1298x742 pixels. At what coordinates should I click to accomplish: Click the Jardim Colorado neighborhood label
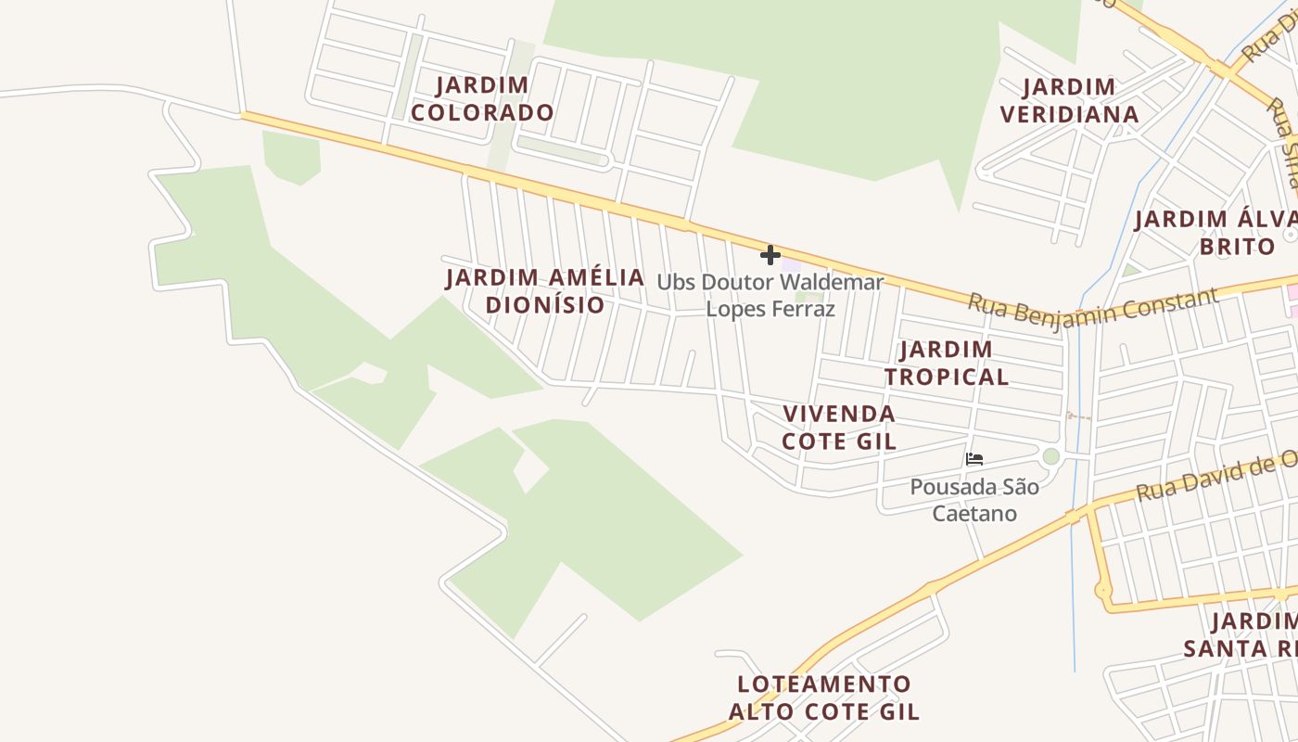pyautogui.click(x=482, y=99)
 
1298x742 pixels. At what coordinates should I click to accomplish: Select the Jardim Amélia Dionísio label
pyautogui.click(x=545, y=291)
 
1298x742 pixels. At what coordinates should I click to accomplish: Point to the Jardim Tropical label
pyautogui.click(x=946, y=364)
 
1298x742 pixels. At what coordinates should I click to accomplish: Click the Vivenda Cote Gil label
pyautogui.click(x=839, y=428)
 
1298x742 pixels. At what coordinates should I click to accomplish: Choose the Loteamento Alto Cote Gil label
pyautogui.click(x=824, y=698)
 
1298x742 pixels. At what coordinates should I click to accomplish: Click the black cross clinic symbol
pyautogui.click(x=770, y=255)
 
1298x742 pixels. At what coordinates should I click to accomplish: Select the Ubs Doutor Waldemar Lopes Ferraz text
pyautogui.click(x=770, y=295)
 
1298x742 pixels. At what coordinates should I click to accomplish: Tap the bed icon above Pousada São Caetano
pyautogui.click(x=973, y=458)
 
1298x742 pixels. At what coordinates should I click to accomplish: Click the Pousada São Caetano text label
pyautogui.click(x=974, y=500)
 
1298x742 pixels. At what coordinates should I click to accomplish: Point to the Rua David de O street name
pyautogui.click(x=1215, y=476)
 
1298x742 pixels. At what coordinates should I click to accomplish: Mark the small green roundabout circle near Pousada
pyautogui.click(x=1050, y=456)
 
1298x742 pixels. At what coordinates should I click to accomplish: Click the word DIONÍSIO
pyautogui.click(x=545, y=305)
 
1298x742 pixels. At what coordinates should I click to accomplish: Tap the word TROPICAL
pyautogui.click(x=946, y=377)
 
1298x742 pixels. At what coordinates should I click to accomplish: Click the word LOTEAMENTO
pyautogui.click(x=824, y=684)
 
